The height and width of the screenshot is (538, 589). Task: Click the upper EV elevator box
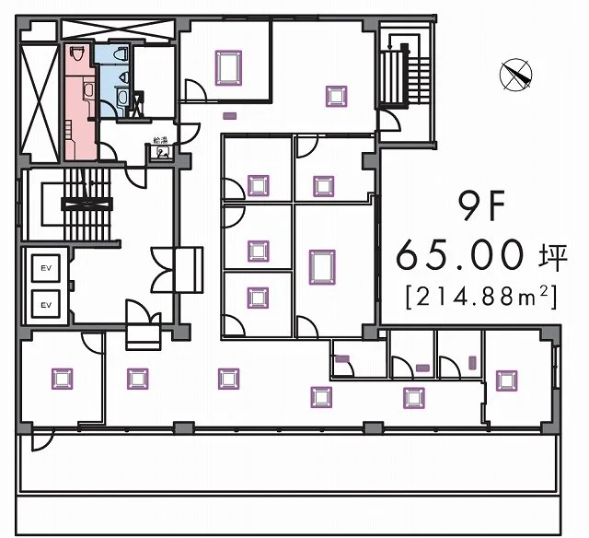point(46,268)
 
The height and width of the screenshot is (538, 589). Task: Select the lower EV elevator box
point(46,305)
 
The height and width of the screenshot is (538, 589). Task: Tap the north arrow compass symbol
point(516,75)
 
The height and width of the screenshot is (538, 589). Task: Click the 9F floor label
point(481,207)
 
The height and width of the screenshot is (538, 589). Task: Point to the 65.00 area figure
point(460,256)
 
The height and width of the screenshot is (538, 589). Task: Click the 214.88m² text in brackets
point(481,298)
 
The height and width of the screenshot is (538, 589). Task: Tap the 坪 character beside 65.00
point(552,258)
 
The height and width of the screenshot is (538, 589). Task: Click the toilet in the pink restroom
point(77,54)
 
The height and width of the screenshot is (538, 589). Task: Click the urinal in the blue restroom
point(124,77)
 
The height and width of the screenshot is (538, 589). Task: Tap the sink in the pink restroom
point(89,91)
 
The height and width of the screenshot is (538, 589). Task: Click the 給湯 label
point(160,141)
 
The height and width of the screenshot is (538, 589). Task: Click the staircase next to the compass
point(405,75)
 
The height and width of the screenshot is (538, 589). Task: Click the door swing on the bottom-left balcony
point(42,440)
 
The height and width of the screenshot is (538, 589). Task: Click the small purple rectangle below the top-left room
point(229,116)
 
